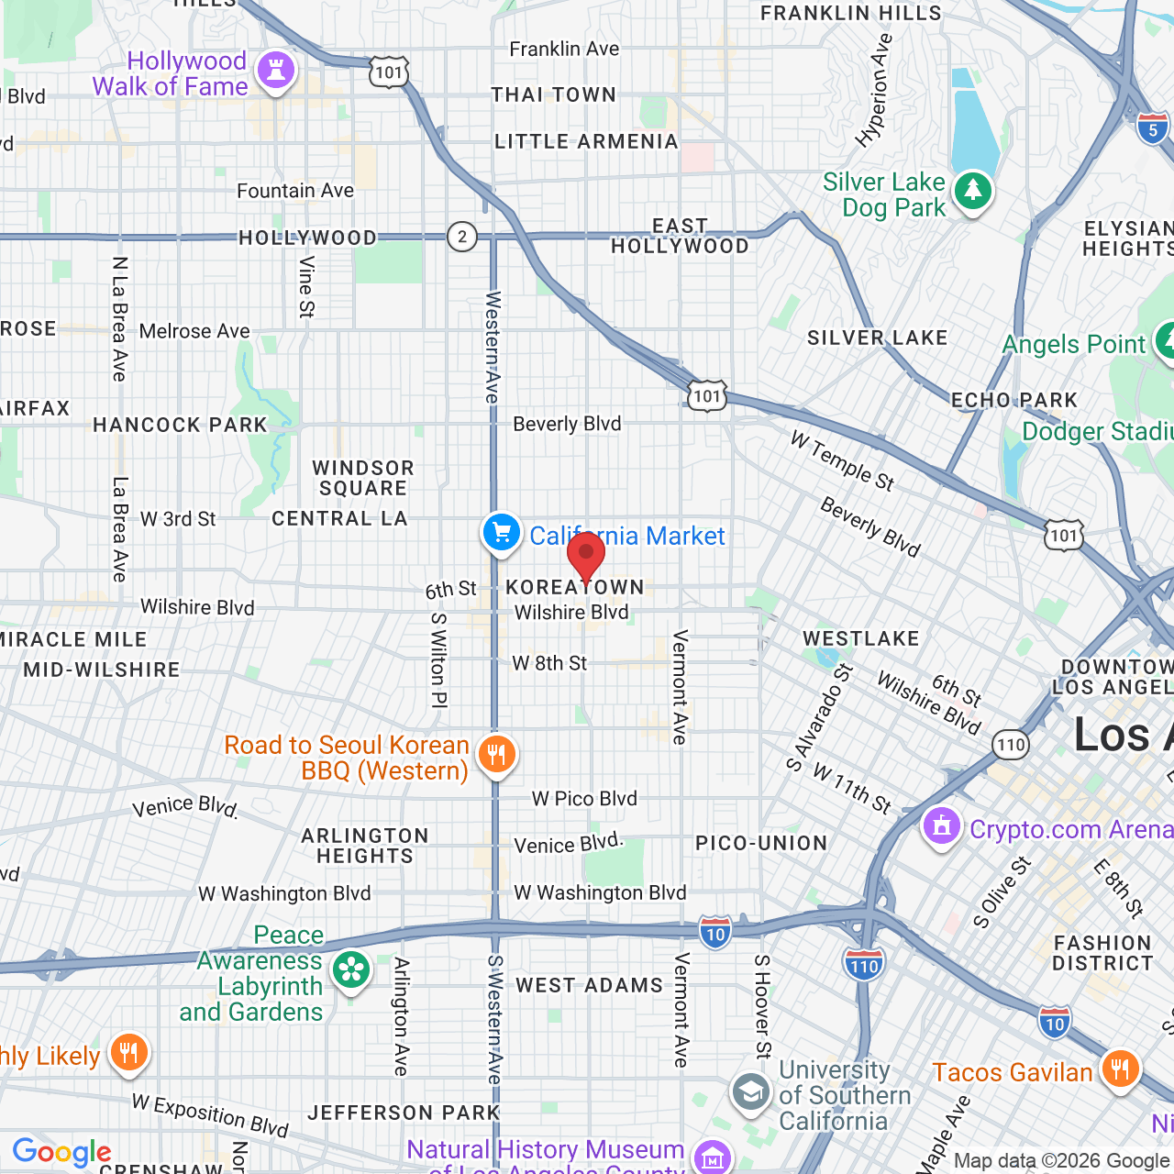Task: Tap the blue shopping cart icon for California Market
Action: [501, 532]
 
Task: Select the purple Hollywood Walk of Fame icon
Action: [275, 71]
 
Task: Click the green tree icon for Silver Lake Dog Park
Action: [972, 192]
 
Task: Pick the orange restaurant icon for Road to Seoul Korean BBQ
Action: [496, 755]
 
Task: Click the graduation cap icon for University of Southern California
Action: [751, 1092]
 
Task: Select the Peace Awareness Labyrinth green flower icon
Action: [350, 970]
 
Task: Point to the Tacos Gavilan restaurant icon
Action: [1120, 1069]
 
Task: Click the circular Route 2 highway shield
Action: [462, 237]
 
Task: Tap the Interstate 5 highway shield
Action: [1153, 128]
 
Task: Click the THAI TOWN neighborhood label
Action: [553, 94]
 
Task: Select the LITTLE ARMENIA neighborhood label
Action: [586, 141]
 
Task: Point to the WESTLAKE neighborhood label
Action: [860, 638]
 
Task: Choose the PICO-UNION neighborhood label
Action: [761, 843]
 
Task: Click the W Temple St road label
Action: [842, 461]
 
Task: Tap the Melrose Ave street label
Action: [194, 331]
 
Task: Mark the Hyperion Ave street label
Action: [874, 91]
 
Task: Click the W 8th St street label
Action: [549, 663]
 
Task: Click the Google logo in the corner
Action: [61, 1152]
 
